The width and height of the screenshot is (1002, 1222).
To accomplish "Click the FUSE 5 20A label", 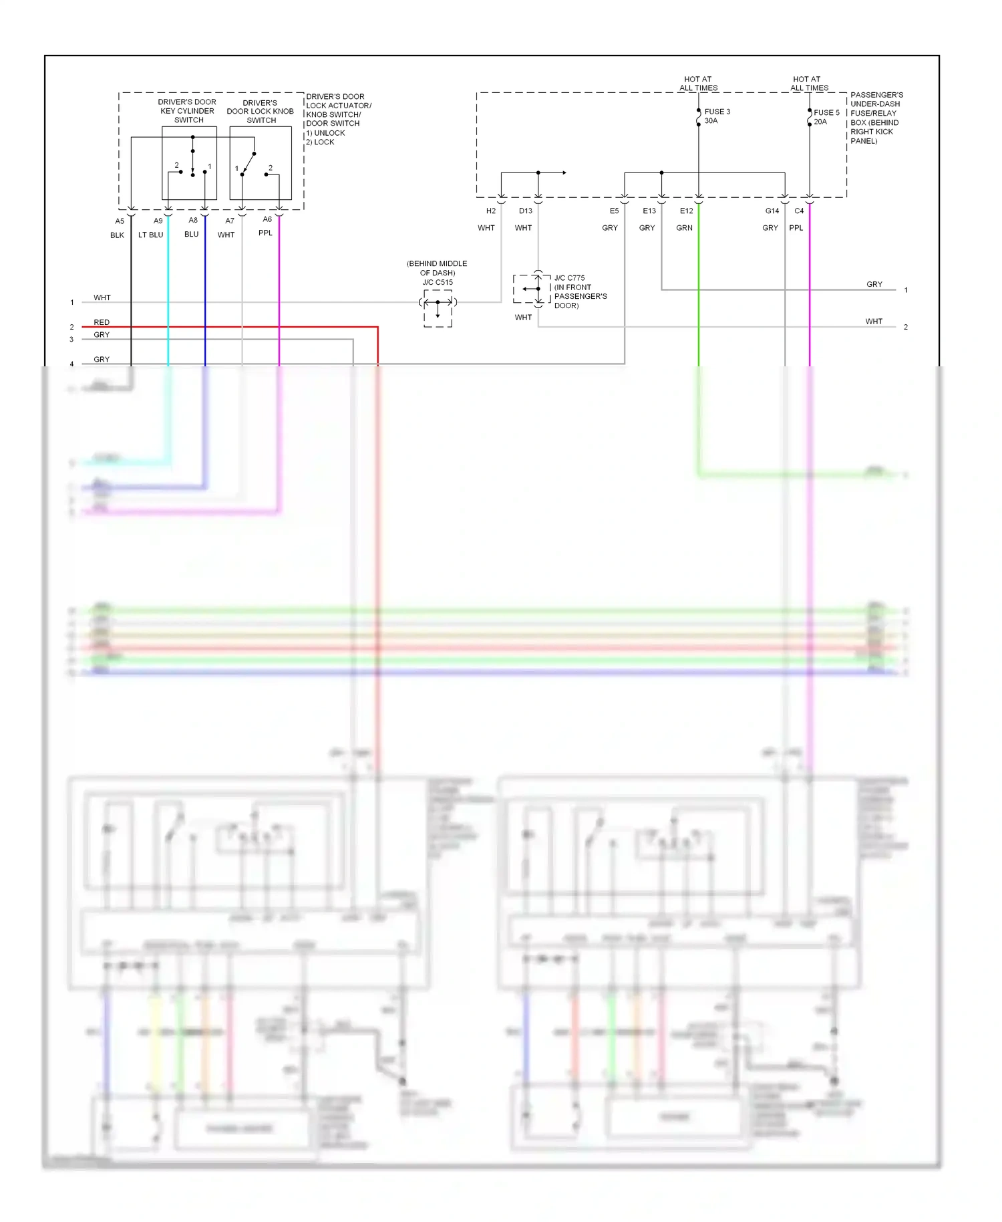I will click(826, 117).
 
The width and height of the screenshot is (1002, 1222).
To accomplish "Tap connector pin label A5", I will click(120, 221).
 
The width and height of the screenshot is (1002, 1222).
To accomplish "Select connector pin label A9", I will click(158, 221).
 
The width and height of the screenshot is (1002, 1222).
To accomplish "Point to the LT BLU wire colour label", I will click(150, 235).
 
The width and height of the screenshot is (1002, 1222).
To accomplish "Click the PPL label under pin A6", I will click(265, 233).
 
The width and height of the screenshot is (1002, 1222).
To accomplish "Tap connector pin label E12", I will click(686, 211).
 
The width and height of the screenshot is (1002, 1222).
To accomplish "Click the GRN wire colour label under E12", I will click(684, 228).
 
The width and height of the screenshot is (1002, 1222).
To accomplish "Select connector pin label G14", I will click(772, 211).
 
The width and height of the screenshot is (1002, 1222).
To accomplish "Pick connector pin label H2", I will click(491, 211).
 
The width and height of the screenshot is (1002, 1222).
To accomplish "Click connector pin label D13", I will click(526, 211).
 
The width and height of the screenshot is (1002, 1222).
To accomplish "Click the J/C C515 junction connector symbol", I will click(438, 308).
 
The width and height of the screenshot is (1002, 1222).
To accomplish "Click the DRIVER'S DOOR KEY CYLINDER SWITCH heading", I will click(187, 111).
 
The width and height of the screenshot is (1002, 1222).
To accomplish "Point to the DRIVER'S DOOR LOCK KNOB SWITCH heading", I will click(261, 112).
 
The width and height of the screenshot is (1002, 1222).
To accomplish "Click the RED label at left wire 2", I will click(102, 322).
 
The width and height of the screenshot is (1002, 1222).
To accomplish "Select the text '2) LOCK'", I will click(320, 142).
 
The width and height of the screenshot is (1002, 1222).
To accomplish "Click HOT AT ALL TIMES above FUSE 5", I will click(808, 84).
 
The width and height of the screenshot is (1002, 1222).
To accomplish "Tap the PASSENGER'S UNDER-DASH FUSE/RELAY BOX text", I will click(876, 118).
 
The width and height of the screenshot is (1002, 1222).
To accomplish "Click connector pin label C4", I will click(799, 211).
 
